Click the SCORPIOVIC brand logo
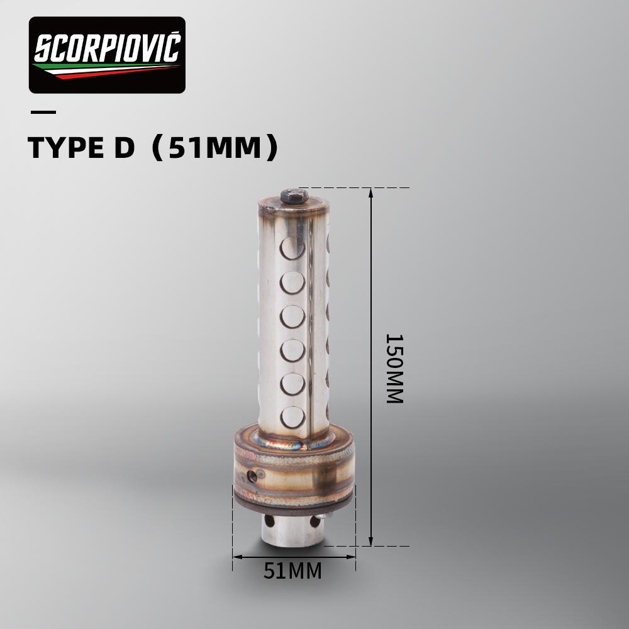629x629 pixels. (x=107, y=55)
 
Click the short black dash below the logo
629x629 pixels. (x=43, y=113)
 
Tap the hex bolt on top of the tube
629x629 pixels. (x=294, y=196)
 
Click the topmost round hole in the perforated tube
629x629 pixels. (x=292, y=247)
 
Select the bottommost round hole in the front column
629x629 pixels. (x=292, y=417)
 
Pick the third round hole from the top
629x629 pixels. (x=292, y=316)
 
